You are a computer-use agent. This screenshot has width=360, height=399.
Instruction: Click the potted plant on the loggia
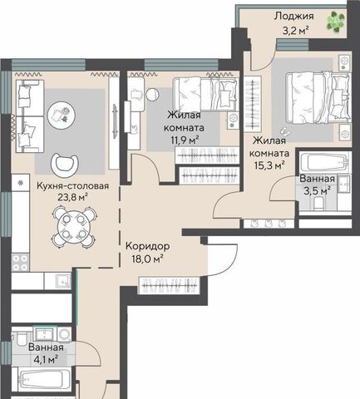[x=335, y=21]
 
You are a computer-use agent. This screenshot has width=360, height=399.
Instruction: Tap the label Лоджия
[x=294, y=16]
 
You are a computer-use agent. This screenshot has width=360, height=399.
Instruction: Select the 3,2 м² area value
[x=295, y=30]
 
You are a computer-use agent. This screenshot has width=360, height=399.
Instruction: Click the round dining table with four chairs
[x=74, y=227]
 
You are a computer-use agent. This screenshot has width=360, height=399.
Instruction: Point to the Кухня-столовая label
[x=73, y=185]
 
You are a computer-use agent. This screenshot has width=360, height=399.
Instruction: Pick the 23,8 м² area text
[x=72, y=197]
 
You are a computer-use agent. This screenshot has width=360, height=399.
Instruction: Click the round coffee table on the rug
[x=61, y=115]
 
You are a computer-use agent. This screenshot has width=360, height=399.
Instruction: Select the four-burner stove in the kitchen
[x=20, y=263]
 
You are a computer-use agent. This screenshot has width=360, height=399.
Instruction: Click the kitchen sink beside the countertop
[x=63, y=281]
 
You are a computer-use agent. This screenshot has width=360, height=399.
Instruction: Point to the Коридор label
[x=148, y=246]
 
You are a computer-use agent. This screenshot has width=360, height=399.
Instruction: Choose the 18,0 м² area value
[x=147, y=259]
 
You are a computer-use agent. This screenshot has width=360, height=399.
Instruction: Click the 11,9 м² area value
[x=185, y=140]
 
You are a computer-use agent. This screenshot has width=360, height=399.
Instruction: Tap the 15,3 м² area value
[x=269, y=165]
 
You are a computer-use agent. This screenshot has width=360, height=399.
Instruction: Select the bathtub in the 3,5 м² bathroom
[x=324, y=163]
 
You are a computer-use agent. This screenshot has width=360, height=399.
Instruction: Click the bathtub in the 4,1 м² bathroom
[x=42, y=378]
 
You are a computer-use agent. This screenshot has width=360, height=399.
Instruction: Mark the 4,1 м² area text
[x=46, y=359]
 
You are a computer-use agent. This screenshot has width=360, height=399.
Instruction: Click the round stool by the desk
[x=152, y=95]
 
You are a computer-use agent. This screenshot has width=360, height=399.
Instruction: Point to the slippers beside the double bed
[x=284, y=130]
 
